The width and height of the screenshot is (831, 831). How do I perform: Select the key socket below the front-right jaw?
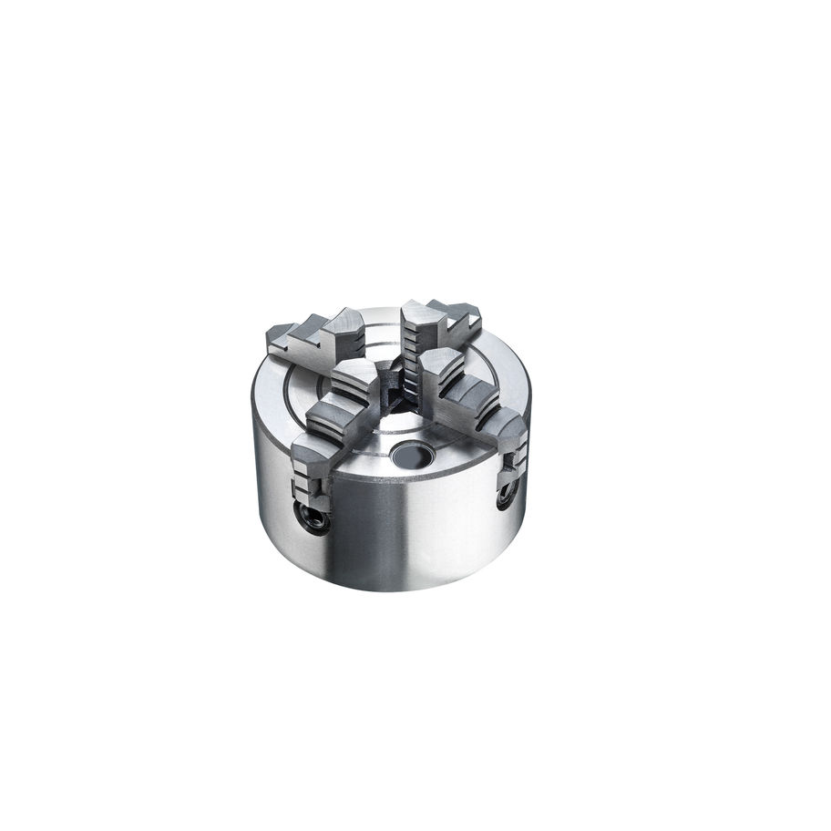[505, 497]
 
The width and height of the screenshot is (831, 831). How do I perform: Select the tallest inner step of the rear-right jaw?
[420, 320]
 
